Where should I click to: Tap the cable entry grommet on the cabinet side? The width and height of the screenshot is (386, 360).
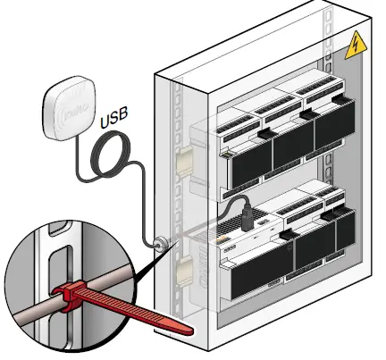pos(161,243)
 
